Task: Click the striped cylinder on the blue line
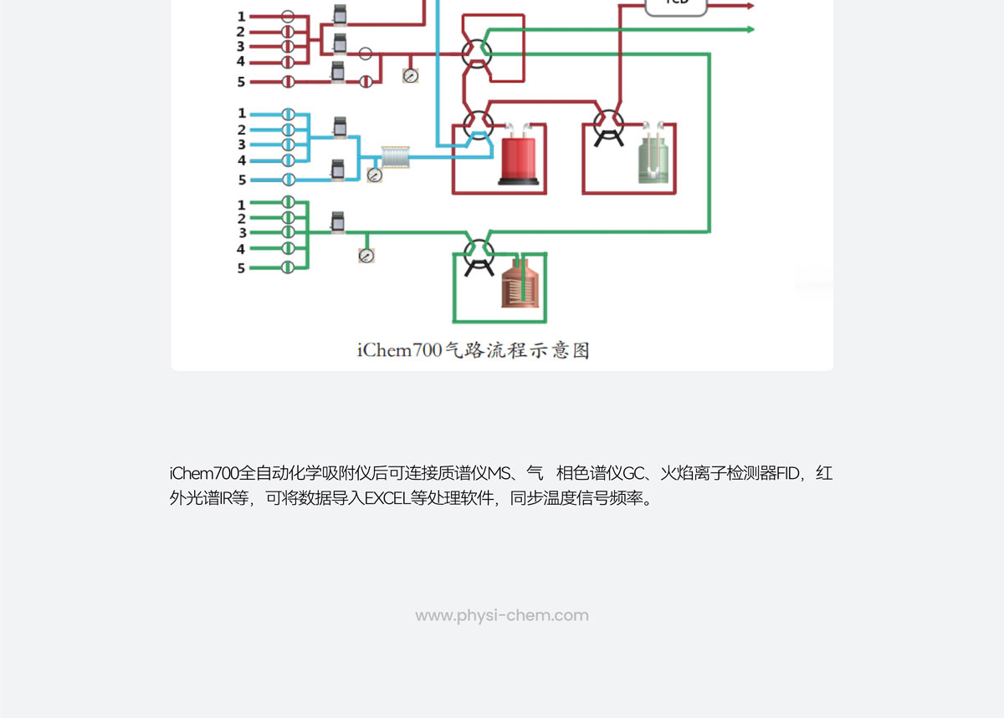[x=396, y=156]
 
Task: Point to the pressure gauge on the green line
[x=366, y=256]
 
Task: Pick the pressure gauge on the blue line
[x=374, y=176]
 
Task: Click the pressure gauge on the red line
[x=410, y=75]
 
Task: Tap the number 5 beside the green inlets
[x=242, y=268]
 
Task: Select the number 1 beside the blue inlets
[x=242, y=113]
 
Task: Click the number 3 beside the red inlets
[x=241, y=47]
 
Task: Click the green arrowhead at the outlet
[x=750, y=29]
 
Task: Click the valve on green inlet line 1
[x=288, y=201]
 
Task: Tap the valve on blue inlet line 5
[x=288, y=179]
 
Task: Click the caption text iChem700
[x=397, y=350]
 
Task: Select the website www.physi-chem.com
[x=502, y=616]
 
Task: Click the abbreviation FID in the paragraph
[x=787, y=474]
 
